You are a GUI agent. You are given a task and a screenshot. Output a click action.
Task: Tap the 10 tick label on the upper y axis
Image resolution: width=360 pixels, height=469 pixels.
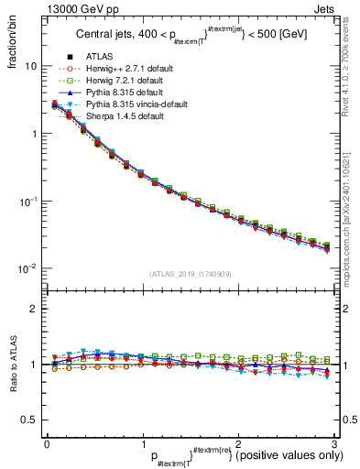pos(29,67)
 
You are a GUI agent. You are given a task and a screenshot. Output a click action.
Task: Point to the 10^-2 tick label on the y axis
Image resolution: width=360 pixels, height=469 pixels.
pos(27,268)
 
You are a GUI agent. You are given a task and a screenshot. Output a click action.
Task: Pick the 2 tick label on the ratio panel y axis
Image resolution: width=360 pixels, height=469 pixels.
pos(33,309)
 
